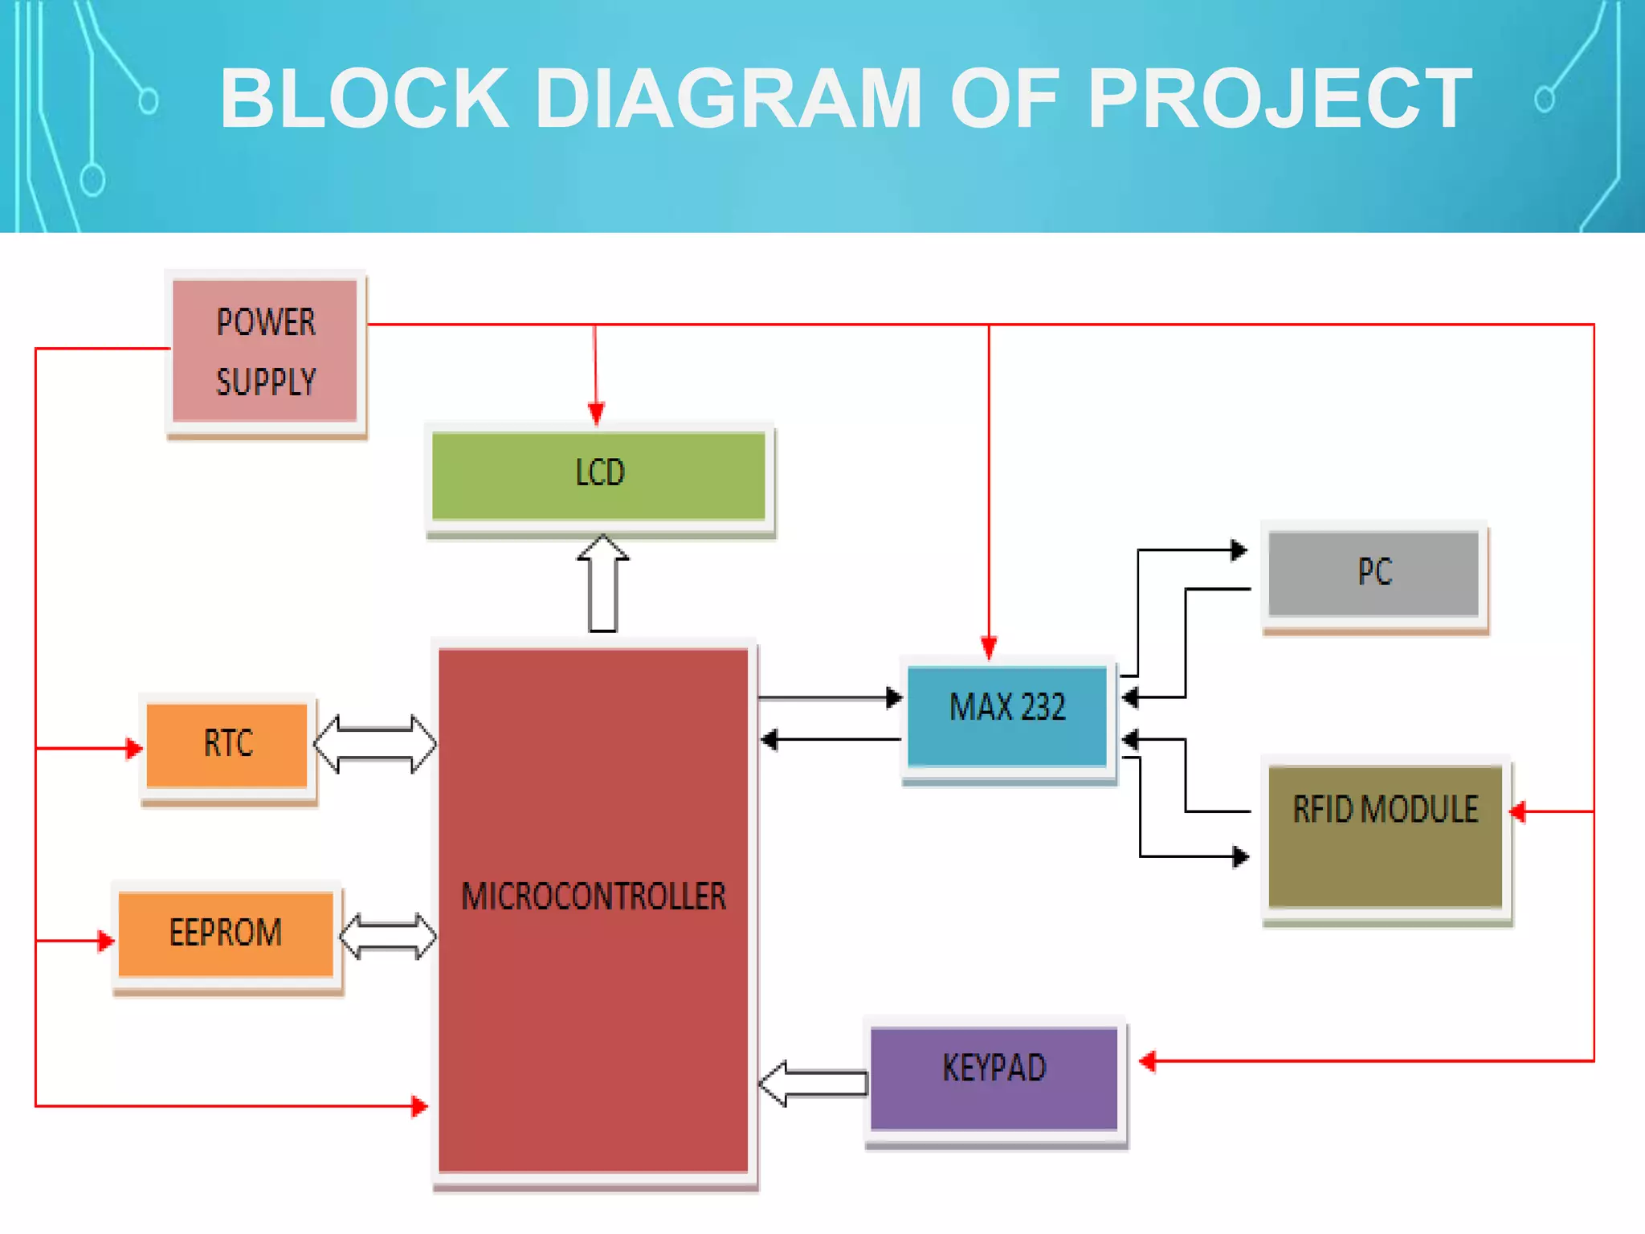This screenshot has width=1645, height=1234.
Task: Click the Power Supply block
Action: click(x=265, y=351)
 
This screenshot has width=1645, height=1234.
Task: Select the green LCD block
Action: click(x=599, y=475)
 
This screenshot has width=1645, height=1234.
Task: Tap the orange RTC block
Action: click(x=227, y=745)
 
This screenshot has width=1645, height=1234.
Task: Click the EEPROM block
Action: click(x=226, y=934)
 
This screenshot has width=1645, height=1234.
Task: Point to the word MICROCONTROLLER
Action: click(x=594, y=897)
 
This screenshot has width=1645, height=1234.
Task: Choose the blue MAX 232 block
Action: click(x=1007, y=713)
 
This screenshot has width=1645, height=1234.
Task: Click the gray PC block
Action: click(x=1374, y=573)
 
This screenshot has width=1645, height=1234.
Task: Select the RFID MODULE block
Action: click(x=1385, y=836)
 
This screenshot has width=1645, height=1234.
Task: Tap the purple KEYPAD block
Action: click(x=994, y=1077)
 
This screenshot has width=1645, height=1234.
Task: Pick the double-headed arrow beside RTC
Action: click(x=375, y=744)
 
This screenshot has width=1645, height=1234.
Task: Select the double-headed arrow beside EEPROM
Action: click(x=388, y=936)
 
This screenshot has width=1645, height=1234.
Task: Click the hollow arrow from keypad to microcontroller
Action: click(x=813, y=1083)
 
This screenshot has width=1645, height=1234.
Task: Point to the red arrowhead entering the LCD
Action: click(x=596, y=414)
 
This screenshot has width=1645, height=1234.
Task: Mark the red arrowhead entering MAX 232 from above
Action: click(x=989, y=647)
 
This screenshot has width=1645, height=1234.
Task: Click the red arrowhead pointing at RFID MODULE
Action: click(x=1517, y=811)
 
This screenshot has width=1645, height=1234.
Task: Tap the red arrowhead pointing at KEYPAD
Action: click(x=1148, y=1061)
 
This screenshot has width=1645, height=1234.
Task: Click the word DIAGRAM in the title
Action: click(x=728, y=98)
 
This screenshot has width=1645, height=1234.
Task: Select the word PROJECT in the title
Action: click(x=1280, y=98)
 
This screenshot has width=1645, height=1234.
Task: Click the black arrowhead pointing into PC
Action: click(x=1239, y=550)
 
